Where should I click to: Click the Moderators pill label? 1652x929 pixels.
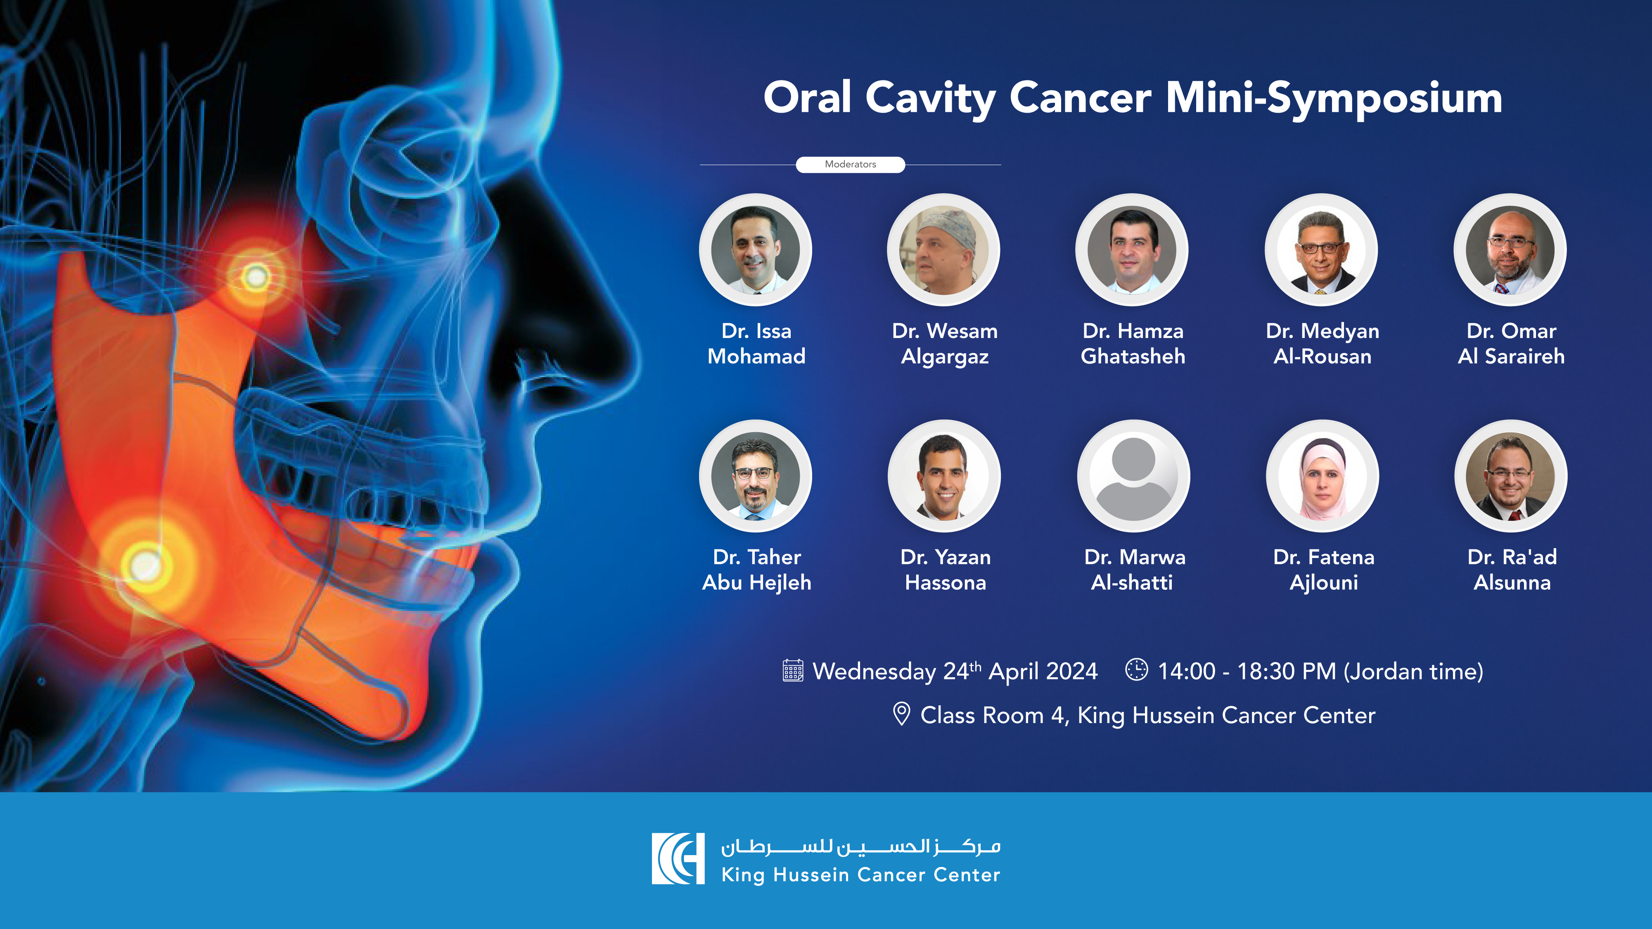[851, 165]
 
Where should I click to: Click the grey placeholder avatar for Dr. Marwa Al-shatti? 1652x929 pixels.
[1133, 476]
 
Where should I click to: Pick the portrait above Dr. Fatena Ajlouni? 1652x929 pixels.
[1323, 476]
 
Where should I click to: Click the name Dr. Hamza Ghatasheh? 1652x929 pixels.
[1133, 344]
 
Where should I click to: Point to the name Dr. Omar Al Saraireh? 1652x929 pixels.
[1511, 344]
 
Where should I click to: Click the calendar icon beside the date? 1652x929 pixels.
[793, 671]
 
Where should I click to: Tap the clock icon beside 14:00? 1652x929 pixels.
[1136, 669]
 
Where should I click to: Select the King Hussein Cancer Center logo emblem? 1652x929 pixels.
[678, 858]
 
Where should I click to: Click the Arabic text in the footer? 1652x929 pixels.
[860, 847]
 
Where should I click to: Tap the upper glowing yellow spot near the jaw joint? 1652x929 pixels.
[256, 277]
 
